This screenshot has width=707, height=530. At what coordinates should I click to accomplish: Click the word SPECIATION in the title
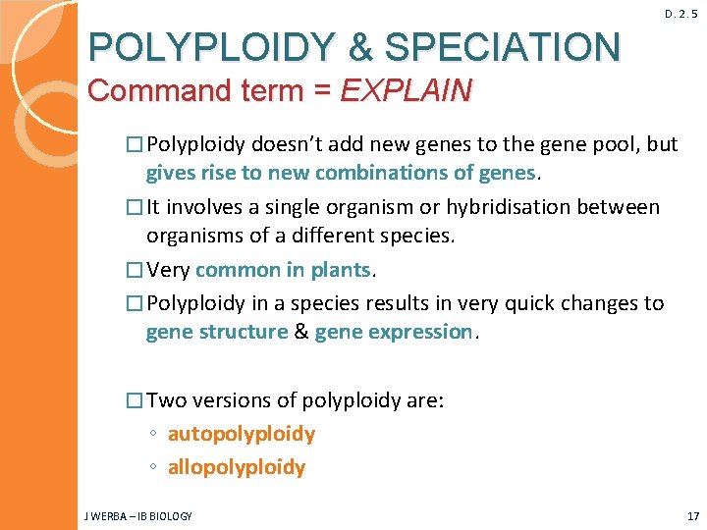coord(502,46)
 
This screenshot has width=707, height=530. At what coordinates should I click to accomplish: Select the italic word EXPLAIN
coord(406,91)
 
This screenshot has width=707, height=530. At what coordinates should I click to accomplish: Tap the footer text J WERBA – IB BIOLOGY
coord(138,516)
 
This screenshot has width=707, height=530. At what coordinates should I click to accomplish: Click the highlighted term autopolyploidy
coord(242,434)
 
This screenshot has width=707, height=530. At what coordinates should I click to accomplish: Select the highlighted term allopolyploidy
coord(237,467)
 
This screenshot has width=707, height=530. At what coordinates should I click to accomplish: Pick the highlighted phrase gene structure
coord(216,332)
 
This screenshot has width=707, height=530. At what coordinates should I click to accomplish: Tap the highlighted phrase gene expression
coord(394,332)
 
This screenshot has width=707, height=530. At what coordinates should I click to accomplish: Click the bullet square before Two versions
coord(136,400)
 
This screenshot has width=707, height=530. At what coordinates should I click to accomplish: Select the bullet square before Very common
coord(136,270)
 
